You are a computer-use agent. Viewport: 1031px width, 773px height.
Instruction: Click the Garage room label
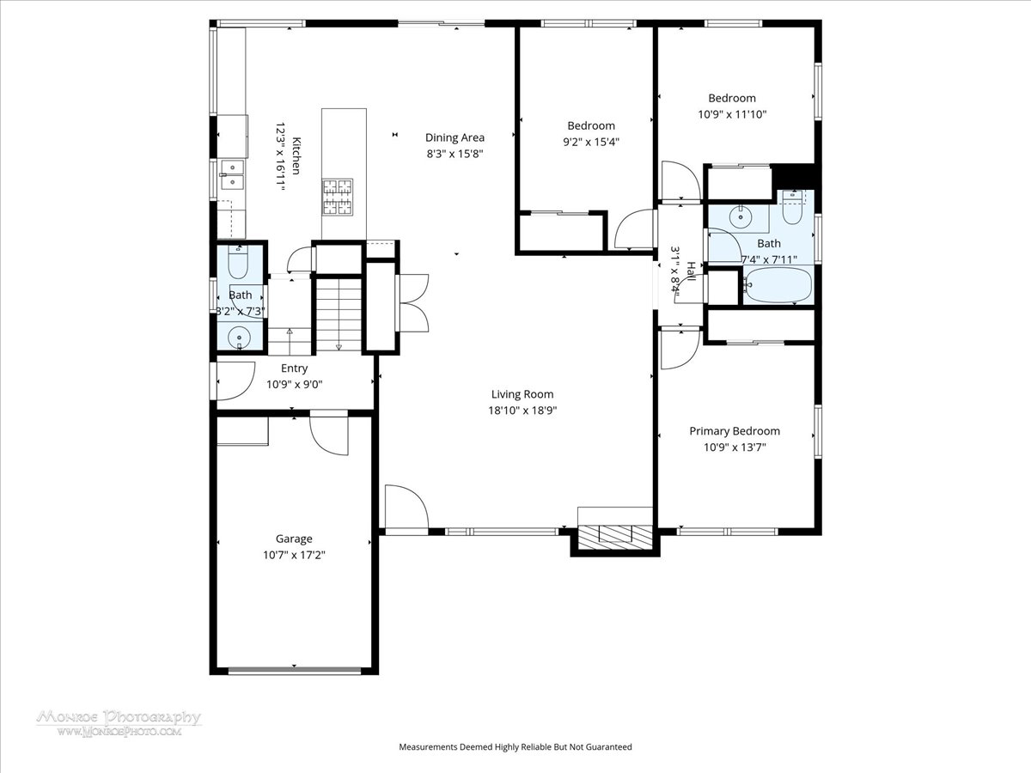[x=294, y=539]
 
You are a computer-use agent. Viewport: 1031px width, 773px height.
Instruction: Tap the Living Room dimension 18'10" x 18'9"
[x=522, y=411]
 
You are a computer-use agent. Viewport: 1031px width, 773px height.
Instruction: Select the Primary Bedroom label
[x=735, y=431]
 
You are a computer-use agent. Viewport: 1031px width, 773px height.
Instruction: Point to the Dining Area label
[x=454, y=138]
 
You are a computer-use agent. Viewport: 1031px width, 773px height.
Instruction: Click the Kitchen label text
[x=296, y=155]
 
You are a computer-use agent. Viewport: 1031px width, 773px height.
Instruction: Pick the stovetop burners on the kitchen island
[x=338, y=198]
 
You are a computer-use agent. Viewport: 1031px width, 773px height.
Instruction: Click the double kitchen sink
[x=233, y=175]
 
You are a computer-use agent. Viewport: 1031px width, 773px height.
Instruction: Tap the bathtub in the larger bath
[x=778, y=285]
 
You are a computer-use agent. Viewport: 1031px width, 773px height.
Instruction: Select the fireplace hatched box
[x=615, y=538]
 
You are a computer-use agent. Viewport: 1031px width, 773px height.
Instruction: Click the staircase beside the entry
[x=339, y=314]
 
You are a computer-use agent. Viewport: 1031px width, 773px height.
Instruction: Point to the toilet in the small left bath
[x=238, y=262]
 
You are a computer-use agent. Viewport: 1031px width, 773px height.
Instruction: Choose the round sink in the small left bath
[x=240, y=337]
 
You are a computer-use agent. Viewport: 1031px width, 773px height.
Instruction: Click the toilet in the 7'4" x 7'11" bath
[x=792, y=209]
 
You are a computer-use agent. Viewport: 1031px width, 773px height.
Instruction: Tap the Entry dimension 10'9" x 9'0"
[x=295, y=385]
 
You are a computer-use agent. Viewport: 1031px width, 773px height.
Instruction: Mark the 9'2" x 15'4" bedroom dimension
[x=591, y=142]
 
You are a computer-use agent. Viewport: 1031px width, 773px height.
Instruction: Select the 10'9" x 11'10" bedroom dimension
[x=732, y=114]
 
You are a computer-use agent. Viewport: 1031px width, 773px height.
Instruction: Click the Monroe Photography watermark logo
[x=119, y=723]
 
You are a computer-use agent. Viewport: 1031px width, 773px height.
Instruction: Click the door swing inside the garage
[x=329, y=435]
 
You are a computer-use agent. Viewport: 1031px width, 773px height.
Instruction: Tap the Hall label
[x=691, y=271]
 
